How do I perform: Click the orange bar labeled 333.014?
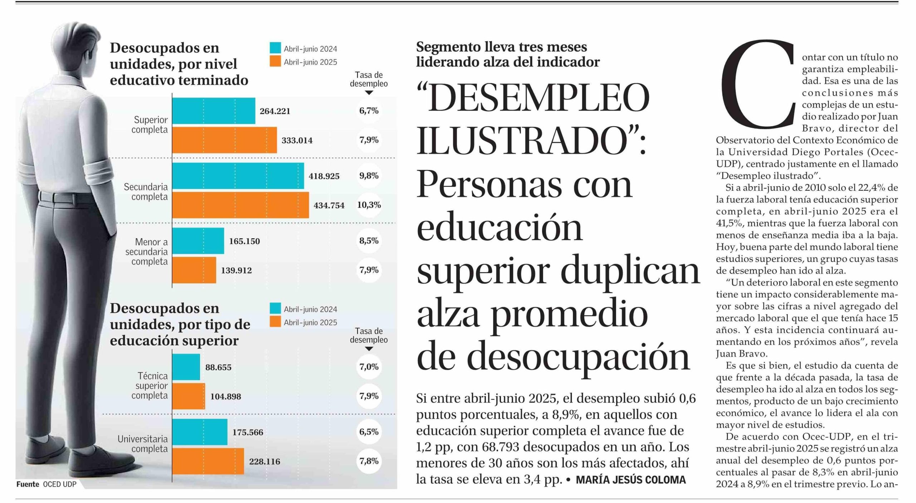[x=224, y=140]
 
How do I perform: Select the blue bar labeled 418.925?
[x=238, y=176]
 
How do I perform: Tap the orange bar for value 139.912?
[x=194, y=270]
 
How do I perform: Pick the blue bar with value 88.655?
[x=186, y=367]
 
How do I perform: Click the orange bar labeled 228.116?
[x=208, y=461]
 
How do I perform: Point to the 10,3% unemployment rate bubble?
[x=369, y=205]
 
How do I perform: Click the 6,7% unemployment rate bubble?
[x=369, y=111]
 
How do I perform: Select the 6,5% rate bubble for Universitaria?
[x=369, y=432]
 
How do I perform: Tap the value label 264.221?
[x=275, y=111]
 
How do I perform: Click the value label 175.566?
[x=248, y=432]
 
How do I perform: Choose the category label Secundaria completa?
[x=146, y=192]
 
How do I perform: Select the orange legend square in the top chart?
[x=275, y=62]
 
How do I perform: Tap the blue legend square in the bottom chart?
[x=275, y=309]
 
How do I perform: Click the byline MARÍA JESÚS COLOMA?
[x=630, y=480]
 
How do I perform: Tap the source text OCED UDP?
[x=60, y=484]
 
